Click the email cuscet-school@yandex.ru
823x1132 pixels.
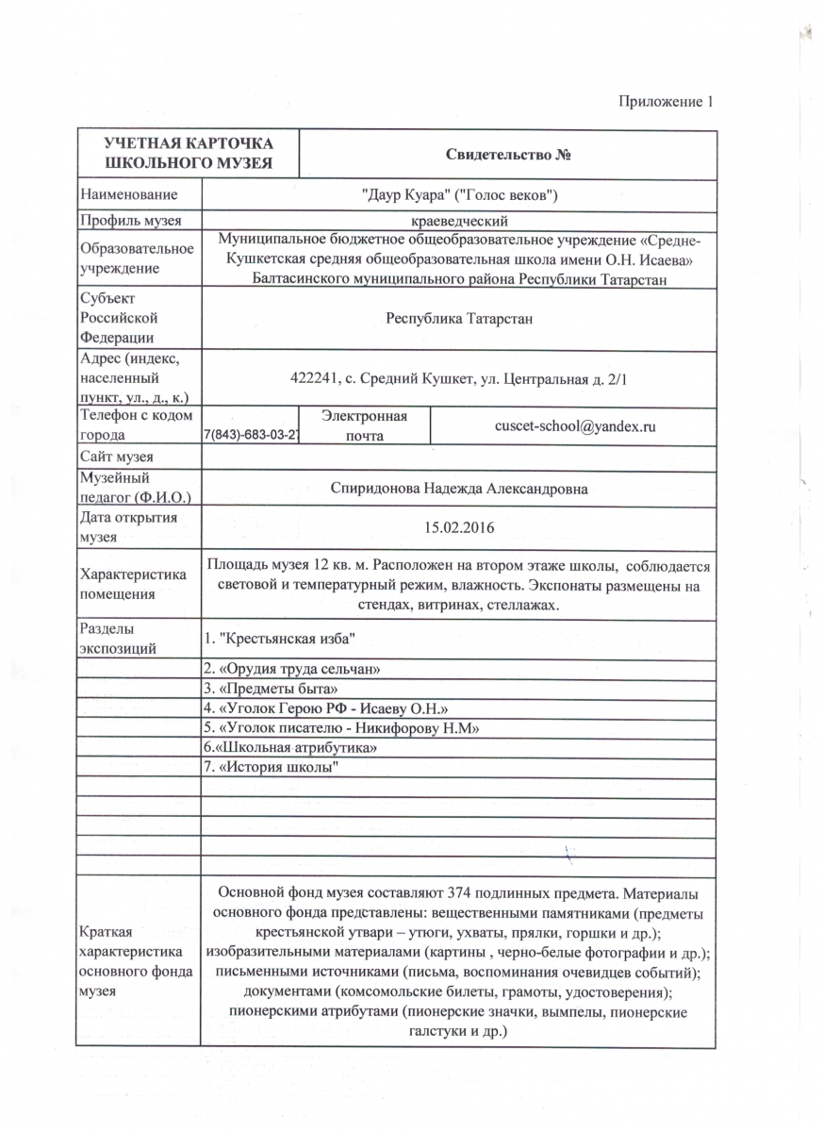[575, 426]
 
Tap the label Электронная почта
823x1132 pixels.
[364, 426]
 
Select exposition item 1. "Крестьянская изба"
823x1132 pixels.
[279, 641]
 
